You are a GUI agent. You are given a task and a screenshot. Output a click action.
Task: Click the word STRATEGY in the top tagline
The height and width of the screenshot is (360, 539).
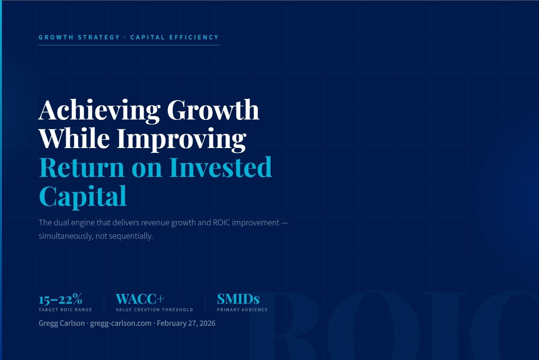point(99,37)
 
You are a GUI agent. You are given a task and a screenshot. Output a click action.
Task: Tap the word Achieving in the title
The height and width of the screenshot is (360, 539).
point(99,110)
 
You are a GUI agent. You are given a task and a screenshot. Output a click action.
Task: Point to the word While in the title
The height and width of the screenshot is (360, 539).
point(74,138)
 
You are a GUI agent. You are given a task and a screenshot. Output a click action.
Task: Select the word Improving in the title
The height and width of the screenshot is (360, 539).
point(181,139)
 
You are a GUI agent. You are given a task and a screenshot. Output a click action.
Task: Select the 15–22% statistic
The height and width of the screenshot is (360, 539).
point(60,299)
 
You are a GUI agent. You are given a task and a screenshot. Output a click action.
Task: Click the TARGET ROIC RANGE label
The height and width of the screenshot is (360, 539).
point(65,310)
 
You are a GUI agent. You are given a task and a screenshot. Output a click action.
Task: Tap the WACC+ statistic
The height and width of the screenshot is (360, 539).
point(140,299)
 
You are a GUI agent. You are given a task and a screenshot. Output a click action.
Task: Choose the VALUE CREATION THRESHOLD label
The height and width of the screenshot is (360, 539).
point(154,310)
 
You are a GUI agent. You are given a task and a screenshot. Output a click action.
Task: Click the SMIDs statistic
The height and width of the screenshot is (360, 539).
point(238,299)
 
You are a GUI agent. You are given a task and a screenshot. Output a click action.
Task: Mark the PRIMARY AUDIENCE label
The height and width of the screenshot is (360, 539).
point(242,310)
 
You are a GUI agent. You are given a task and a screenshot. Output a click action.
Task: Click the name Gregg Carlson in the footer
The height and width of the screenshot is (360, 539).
point(62,323)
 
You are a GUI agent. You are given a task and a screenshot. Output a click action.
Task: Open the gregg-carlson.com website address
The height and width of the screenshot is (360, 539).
point(120,323)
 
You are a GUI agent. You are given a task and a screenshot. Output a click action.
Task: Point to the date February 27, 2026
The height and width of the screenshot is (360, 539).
point(186,323)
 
